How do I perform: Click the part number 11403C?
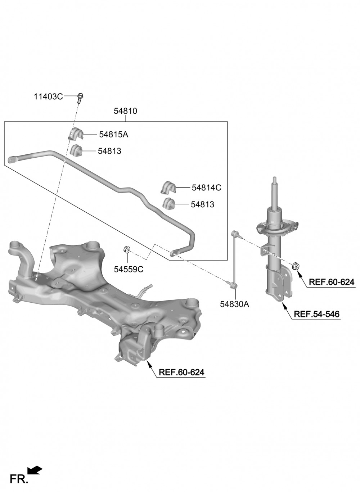(x=48, y=96)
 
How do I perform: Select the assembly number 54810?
(x=125, y=111)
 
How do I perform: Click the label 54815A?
(x=114, y=135)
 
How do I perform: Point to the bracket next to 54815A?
(x=75, y=134)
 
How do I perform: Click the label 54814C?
(x=206, y=188)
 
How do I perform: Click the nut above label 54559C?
(x=127, y=249)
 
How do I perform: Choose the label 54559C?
(x=129, y=269)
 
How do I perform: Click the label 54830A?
(x=234, y=304)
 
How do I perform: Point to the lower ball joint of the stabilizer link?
(x=233, y=285)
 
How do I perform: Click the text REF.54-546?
(x=316, y=314)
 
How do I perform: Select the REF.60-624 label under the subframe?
(x=181, y=372)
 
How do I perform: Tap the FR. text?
(x=18, y=479)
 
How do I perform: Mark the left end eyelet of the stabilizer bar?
(x=12, y=159)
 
